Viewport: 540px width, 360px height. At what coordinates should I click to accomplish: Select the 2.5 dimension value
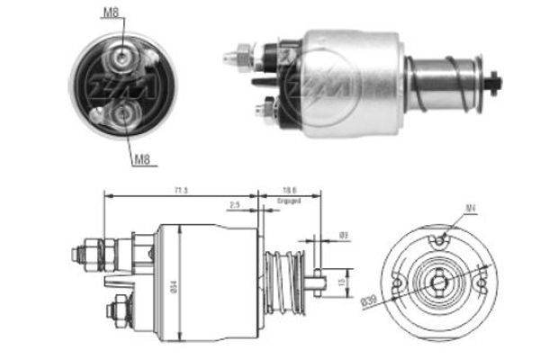click(x=233, y=205)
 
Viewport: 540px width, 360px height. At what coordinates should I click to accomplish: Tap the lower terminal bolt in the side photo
click(x=261, y=111)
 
